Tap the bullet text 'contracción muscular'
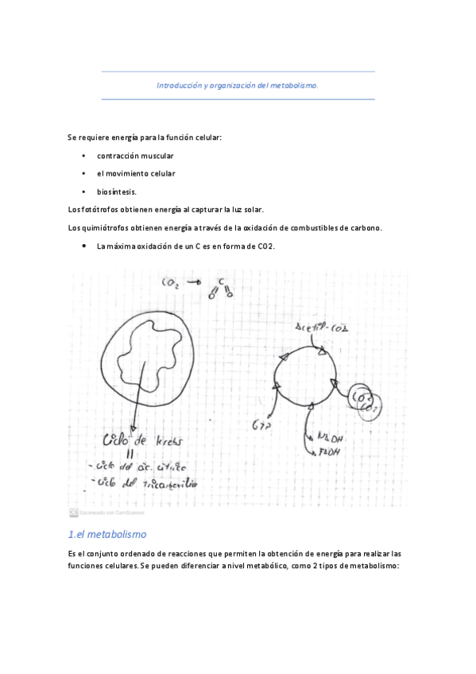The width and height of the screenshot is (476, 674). pyautogui.click(x=135, y=155)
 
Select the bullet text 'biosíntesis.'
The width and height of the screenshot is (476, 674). pyautogui.click(x=117, y=192)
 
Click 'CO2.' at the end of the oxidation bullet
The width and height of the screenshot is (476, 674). pyautogui.click(x=265, y=246)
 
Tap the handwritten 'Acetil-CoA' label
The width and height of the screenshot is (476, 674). pyautogui.click(x=323, y=327)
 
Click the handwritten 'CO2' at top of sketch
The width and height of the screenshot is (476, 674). pyautogui.click(x=172, y=281)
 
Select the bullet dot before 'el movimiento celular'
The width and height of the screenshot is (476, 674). pyautogui.click(x=83, y=173)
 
